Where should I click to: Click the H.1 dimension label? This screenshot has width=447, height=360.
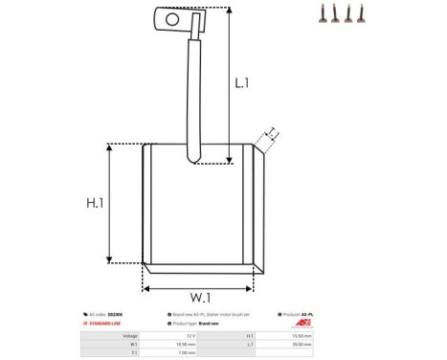[x=95, y=203]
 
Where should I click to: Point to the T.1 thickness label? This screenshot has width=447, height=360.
[x=272, y=133]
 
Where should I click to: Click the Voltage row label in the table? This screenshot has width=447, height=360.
[x=130, y=337]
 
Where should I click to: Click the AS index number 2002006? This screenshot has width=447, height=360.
[x=127, y=314]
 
